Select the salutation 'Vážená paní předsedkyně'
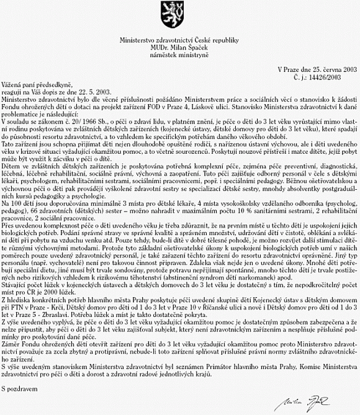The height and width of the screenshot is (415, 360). [37, 84]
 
